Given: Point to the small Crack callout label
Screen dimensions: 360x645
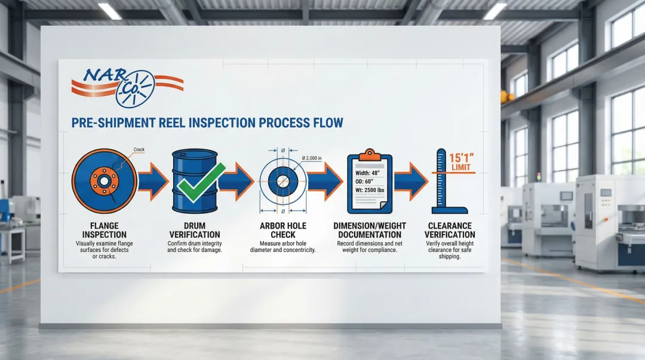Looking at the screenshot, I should pos(139,149).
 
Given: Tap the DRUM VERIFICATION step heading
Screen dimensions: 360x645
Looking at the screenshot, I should pos(194,230).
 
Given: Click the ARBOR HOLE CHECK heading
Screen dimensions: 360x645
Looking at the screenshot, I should pos(283,230).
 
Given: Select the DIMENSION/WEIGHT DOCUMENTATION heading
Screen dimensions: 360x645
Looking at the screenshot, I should pos(369,230).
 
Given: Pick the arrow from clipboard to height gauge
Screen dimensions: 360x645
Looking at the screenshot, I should pos(411,181).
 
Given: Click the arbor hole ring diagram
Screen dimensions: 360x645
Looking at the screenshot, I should pos(282,181).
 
